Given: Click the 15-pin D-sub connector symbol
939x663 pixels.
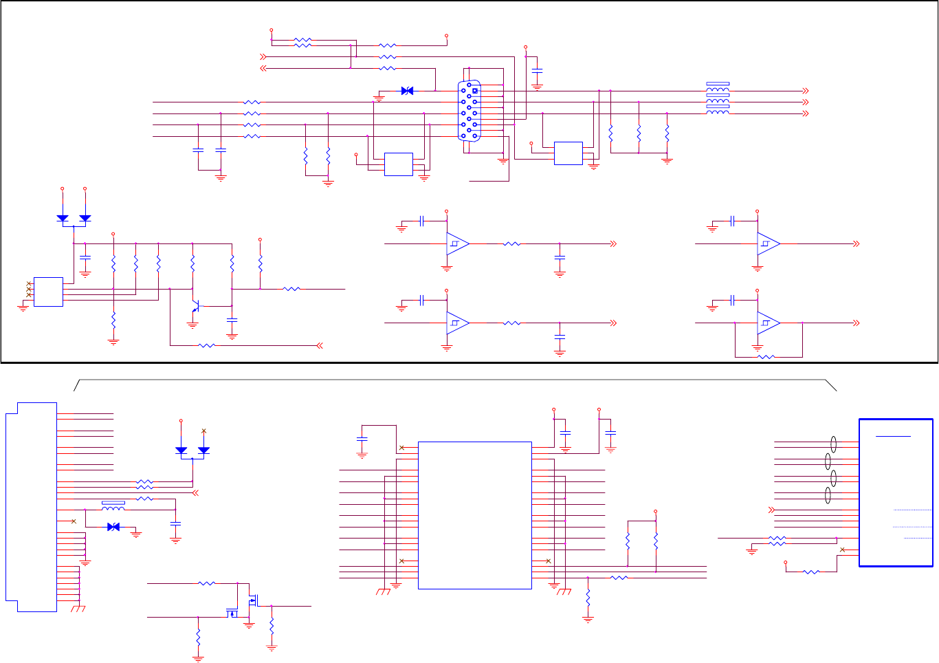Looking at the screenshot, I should click(x=469, y=111).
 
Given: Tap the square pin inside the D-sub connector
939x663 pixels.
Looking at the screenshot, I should click(x=474, y=90).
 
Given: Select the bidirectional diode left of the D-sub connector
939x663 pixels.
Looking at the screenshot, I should click(x=407, y=91).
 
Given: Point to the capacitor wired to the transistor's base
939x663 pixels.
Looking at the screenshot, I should click(x=232, y=320).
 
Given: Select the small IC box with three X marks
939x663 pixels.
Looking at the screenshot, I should click(x=48, y=292).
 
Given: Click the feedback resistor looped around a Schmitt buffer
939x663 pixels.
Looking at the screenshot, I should click(x=766, y=357).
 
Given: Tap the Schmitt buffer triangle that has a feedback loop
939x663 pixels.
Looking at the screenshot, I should click(x=768, y=323).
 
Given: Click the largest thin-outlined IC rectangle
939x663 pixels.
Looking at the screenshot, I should click(x=474, y=515).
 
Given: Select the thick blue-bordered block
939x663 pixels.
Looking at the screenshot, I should click(x=896, y=492).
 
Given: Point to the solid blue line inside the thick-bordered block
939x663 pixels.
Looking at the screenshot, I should click(x=893, y=436).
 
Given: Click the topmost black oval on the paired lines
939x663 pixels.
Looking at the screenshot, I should click(x=833, y=444).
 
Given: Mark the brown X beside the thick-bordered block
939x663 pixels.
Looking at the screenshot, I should click(x=843, y=550).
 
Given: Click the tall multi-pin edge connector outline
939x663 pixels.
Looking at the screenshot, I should click(x=32, y=508).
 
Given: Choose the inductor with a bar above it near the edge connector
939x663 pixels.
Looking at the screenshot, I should click(x=113, y=507).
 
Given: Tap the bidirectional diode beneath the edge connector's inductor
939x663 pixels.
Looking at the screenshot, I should click(x=113, y=527).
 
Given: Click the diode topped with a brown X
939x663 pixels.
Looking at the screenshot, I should click(x=203, y=450).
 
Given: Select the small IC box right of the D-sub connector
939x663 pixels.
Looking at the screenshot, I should click(x=568, y=153).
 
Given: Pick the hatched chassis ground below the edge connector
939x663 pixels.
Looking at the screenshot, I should click(x=78, y=609).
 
